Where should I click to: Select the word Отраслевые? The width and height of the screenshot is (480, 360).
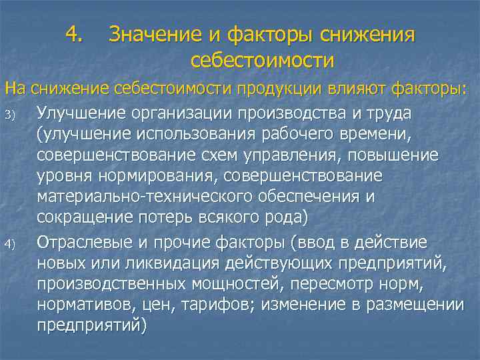[x=87, y=241]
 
